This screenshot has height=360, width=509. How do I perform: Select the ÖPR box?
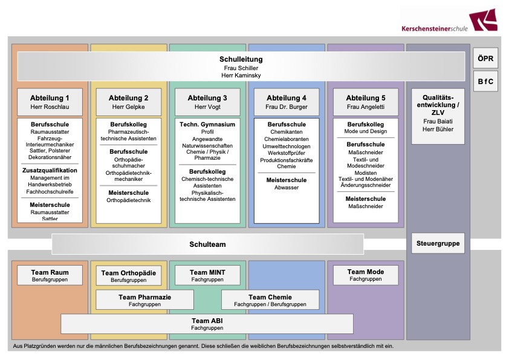pos(485,58)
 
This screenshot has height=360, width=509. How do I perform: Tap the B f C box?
pos(485,80)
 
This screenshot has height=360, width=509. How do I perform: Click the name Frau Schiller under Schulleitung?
pos(241,68)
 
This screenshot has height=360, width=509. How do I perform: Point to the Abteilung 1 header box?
pos(50,102)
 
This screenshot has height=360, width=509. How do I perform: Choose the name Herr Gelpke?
pos(129,107)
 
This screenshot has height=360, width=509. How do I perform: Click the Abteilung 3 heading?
pos(207,98)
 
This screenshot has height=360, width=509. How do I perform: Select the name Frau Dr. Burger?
pos(287,107)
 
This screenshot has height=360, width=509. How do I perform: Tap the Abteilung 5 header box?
pos(366,102)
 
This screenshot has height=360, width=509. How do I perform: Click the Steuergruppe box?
pos(438,244)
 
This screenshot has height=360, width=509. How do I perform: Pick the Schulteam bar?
pos(207,244)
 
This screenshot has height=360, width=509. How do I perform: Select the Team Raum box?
pos(50,275)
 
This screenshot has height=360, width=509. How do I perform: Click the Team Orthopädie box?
pos(129,276)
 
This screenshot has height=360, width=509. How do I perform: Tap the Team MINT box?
pos(207,275)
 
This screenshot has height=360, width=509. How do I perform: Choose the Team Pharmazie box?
pos(144,300)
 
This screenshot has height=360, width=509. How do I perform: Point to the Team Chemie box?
pos(270,300)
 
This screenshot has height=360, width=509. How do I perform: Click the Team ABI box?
pos(207,324)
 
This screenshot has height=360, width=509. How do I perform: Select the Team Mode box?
pos(366,275)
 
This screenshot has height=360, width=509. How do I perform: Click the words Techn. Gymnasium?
pos(207,124)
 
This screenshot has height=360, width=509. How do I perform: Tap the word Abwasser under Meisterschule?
pos(287,188)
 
